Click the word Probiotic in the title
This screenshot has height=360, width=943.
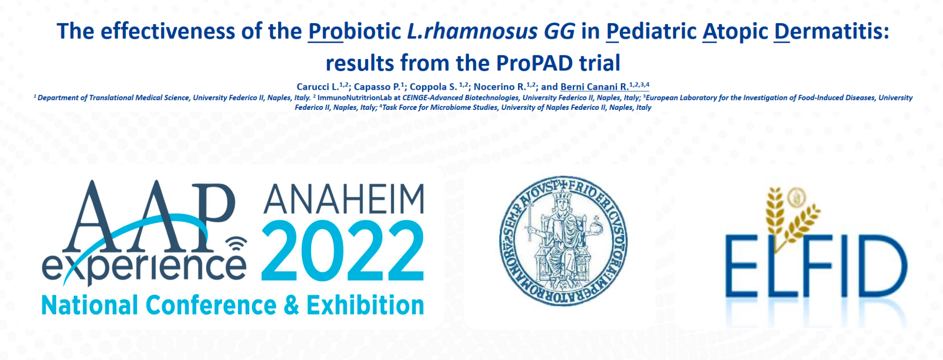pos(354,32)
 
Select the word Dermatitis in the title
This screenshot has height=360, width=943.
pos(832,32)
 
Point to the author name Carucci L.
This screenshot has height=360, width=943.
pos(317,87)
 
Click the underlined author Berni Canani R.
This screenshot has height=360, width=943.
pos(594,87)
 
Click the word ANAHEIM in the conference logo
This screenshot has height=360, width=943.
pos(344,199)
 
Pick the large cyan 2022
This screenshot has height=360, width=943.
pos(343,252)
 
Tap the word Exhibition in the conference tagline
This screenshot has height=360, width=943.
pos(365,305)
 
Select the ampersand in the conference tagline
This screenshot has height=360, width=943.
pos(291,306)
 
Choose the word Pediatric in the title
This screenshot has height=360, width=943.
pos(651,32)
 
